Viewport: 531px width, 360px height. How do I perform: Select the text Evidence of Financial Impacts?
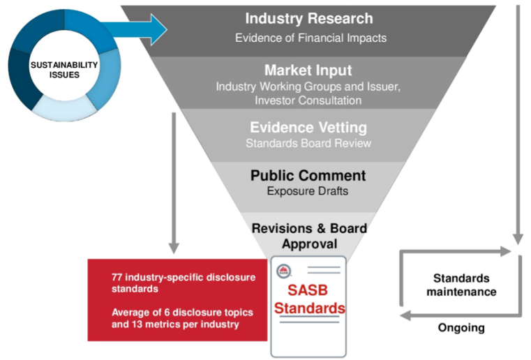click(310, 38)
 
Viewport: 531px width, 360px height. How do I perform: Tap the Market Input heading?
click(308, 70)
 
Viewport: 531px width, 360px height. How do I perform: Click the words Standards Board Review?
click(308, 144)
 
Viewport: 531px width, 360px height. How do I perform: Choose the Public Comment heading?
click(308, 176)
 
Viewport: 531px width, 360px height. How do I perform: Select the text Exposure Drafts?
click(308, 190)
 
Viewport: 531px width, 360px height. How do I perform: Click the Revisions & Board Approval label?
click(308, 236)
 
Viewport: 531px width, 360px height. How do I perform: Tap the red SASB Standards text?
click(308, 299)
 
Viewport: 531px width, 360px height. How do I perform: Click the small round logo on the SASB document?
click(284, 271)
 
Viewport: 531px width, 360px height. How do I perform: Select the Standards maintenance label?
click(461, 285)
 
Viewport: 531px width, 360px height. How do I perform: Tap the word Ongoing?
click(461, 327)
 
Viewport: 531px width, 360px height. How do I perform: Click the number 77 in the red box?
click(118, 277)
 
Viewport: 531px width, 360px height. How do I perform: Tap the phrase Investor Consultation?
click(308, 100)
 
